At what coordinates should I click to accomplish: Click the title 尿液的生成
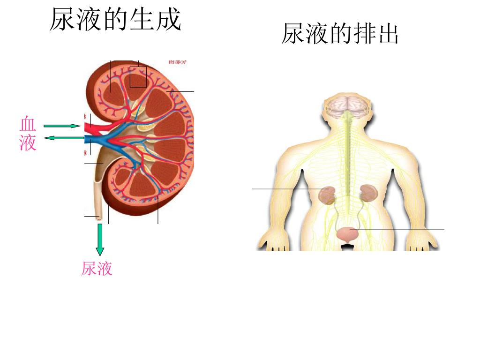115,20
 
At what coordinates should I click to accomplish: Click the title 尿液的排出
340,34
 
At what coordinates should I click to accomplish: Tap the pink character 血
28,124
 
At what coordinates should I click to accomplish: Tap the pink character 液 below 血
28,142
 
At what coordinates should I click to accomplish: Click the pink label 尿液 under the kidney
97,269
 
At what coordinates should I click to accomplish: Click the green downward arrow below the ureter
100,239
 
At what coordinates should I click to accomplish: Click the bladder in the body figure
347,234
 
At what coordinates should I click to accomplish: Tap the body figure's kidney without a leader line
369,192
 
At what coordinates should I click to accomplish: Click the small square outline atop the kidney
138,76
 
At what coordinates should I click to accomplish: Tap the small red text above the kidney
178,61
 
